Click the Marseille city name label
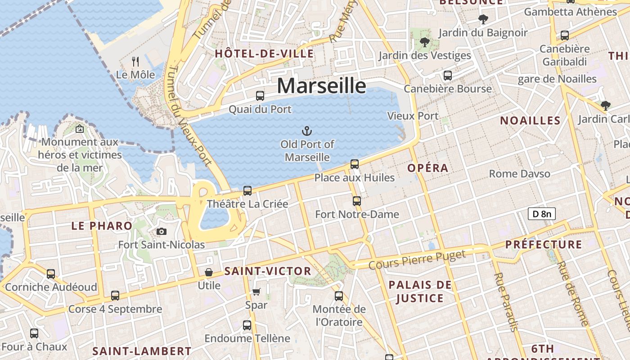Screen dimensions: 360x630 321,85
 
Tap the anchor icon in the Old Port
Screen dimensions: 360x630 306,131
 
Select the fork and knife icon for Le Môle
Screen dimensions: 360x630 135,61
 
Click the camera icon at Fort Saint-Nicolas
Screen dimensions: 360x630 161,232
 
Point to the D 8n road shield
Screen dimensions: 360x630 542,214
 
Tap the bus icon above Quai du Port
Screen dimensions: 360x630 260,95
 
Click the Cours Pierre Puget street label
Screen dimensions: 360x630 417,260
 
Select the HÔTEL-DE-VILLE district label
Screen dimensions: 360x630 264,54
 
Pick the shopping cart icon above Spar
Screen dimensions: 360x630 256,292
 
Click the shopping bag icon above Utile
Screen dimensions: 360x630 209,272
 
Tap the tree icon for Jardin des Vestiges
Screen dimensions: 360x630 424,42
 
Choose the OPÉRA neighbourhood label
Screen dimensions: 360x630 428,168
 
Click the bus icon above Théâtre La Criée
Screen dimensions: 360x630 247,190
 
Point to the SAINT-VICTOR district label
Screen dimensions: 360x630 268,271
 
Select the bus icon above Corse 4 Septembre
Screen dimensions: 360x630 115,296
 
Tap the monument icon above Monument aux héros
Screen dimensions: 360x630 80,129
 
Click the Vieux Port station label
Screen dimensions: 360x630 413,116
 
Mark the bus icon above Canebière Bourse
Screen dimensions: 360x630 447,75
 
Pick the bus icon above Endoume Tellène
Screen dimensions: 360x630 247,325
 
